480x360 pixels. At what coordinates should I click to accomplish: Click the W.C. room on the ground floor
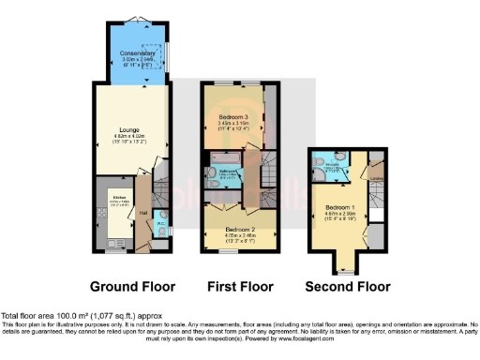pos(160,225)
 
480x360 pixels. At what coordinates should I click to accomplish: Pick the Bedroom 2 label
pos(239,228)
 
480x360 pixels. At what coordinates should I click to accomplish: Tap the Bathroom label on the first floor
pos(227,172)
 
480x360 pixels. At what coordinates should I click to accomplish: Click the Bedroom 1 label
pos(337,205)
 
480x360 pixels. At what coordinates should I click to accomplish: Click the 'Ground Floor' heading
pos(134,285)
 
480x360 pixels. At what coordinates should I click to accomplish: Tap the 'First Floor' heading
pos(239,285)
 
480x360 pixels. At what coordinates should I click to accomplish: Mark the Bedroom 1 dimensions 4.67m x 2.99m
pos(337,213)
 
